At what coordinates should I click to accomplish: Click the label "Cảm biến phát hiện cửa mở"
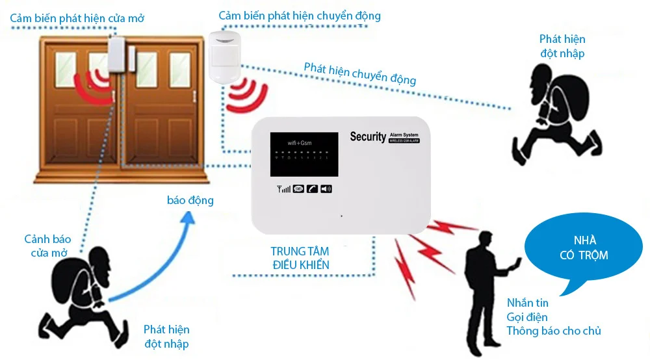pyautogui.click(x=77, y=18)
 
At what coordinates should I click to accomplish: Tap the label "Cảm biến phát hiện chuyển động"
pyautogui.click(x=300, y=16)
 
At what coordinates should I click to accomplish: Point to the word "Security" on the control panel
pyautogui.click(x=368, y=136)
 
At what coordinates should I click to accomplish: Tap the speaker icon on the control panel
pyautogui.click(x=326, y=189)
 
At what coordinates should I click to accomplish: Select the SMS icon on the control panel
pyautogui.click(x=299, y=189)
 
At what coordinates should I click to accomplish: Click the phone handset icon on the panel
pyautogui.click(x=313, y=189)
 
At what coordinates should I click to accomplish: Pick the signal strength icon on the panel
pyautogui.click(x=284, y=189)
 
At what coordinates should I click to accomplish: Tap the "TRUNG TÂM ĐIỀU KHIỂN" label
pyautogui.click(x=300, y=258)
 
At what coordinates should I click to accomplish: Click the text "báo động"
pyautogui.click(x=190, y=200)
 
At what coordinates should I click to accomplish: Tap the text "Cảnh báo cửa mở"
pyautogui.click(x=47, y=246)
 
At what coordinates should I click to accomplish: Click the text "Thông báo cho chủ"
pyautogui.click(x=554, y=331)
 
